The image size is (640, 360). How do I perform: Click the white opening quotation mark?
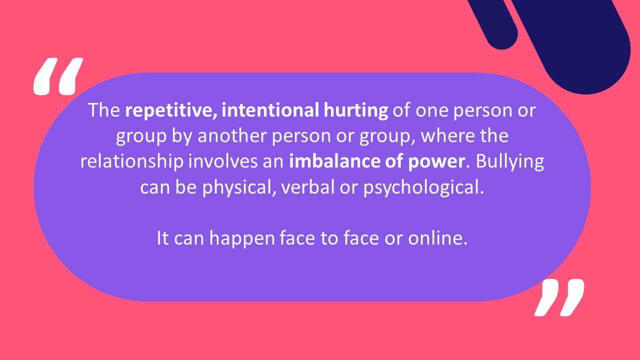[58, 76]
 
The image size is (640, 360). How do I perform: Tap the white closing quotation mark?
[559, 297]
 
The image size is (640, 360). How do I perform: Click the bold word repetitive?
[171, 110]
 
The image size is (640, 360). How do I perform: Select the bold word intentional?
[270, 110]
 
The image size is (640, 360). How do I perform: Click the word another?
[232, 135]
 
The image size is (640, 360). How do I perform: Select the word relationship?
[132, 161]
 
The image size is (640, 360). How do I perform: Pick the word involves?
[223, 161]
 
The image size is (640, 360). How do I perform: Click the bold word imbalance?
[335, 161]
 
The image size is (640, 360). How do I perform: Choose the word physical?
[239, 187]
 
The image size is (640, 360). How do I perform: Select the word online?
[437, 238]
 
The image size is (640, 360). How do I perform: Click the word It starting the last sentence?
[163, 238]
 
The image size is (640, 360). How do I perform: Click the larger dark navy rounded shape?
[574, 43]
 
